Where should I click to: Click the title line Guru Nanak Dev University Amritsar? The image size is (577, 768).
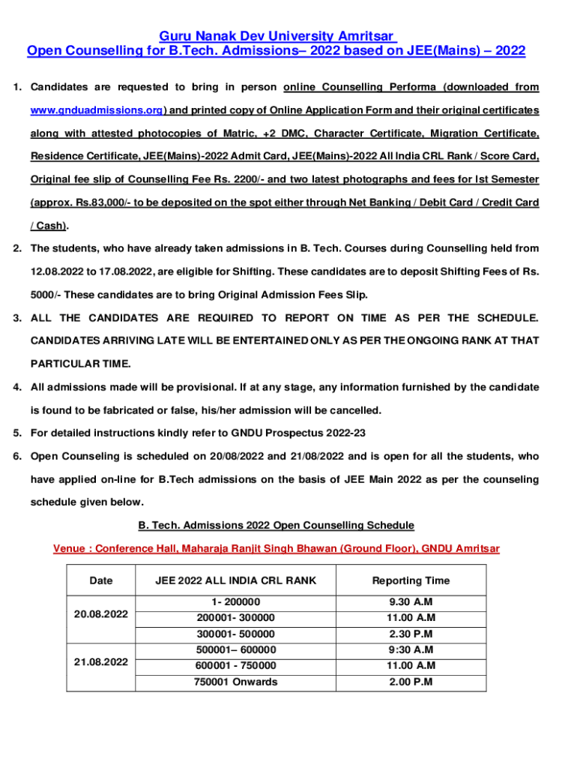point(277,37)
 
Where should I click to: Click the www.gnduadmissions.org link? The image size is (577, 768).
point(97,110)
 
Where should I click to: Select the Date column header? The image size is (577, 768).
point(101,580)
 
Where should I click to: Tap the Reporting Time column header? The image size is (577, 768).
point(411,580)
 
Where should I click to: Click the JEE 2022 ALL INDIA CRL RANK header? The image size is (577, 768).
point(235,580)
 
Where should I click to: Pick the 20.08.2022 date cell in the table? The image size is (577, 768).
point(101,613)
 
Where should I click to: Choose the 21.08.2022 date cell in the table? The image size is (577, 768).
point(101,662)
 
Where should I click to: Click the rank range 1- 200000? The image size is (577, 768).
point(235,602)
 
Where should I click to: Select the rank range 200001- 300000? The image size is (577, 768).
point(235,618)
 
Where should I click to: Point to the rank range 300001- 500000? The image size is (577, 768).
point(235,634)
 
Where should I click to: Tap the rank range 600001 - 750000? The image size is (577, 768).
point(235,666)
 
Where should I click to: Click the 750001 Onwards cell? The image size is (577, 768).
point(235,682)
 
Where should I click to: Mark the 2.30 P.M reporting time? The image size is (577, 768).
point(411,634)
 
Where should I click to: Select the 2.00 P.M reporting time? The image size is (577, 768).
point(411,682)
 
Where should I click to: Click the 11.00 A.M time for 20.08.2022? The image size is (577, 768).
point(411,618)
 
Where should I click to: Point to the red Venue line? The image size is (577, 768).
point(277,548)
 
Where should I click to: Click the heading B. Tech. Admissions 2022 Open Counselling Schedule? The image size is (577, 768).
point(277,525)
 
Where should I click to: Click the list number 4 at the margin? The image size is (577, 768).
point(16,387)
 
